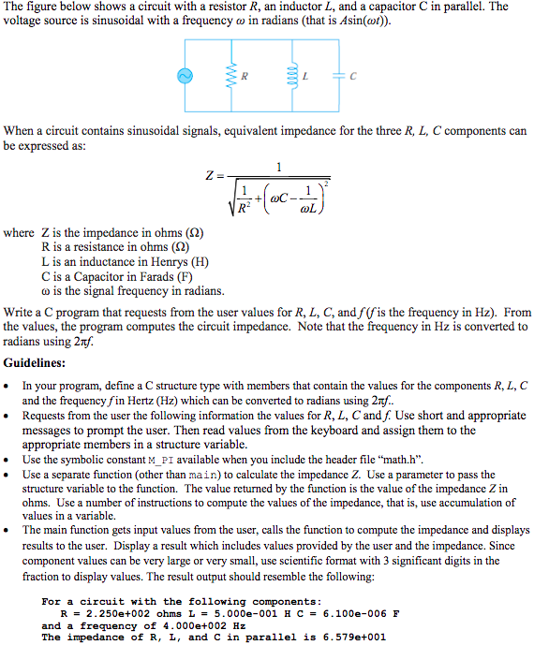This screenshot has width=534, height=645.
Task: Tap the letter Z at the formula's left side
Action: pos(208,175)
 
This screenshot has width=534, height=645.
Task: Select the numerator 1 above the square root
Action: pos(278,167)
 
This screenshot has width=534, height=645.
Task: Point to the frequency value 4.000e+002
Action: pos(191,625)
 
